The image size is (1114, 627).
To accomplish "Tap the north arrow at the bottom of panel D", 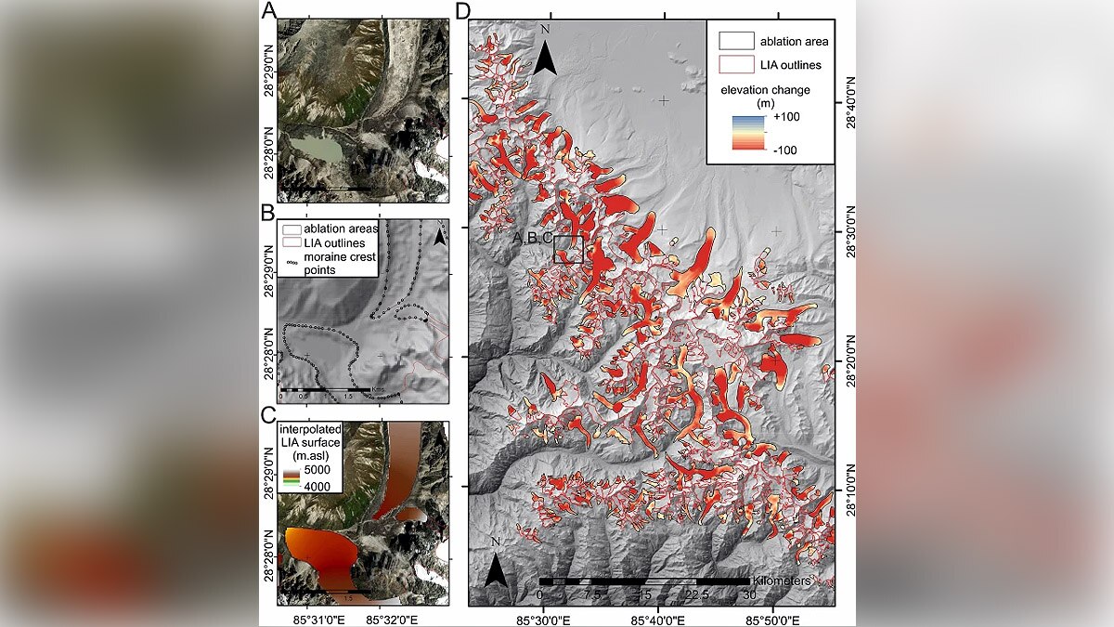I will click(x=499, y=567).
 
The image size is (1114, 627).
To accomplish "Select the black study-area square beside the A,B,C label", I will click(x=568, y=250).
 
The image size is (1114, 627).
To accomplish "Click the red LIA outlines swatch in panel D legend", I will click(x=732, y=65).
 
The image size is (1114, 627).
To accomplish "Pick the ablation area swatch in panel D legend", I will click(x=732, y=41).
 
